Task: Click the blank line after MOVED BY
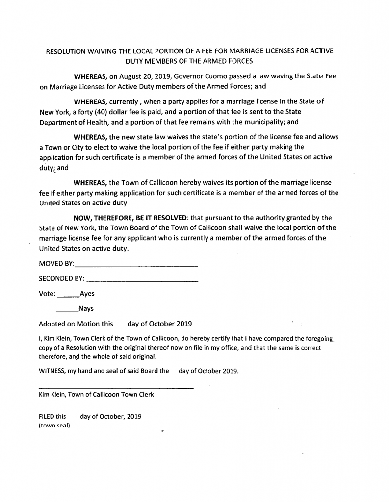point(136,265)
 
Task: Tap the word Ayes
point(87,294)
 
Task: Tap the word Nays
point(86,309)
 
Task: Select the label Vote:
point(47,294)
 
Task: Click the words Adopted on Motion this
point(76,324)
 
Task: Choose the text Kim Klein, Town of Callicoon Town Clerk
point(96,395)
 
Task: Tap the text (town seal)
point(54,426)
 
